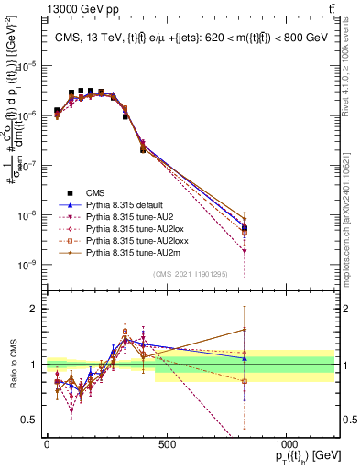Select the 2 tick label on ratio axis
tap(33, 309)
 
